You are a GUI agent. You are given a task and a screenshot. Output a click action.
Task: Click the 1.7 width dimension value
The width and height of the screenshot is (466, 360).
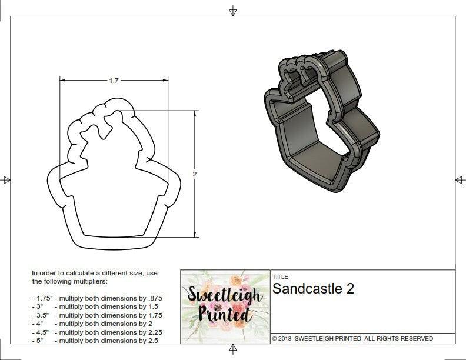[114, 81]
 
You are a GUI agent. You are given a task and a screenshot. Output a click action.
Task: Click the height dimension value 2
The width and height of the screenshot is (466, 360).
[195, 174]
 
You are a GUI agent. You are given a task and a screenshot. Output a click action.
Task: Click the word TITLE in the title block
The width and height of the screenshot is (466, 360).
[279, 276]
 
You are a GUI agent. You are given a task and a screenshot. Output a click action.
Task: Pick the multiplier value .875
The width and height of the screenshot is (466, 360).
[155, 298]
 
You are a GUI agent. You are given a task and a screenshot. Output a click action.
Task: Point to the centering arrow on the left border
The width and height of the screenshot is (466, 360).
[6, 179]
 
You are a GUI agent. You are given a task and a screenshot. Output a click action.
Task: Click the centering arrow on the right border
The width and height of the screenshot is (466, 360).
[460, 179]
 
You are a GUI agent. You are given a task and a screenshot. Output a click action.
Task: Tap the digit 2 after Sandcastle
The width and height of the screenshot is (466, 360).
[349, 289]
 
